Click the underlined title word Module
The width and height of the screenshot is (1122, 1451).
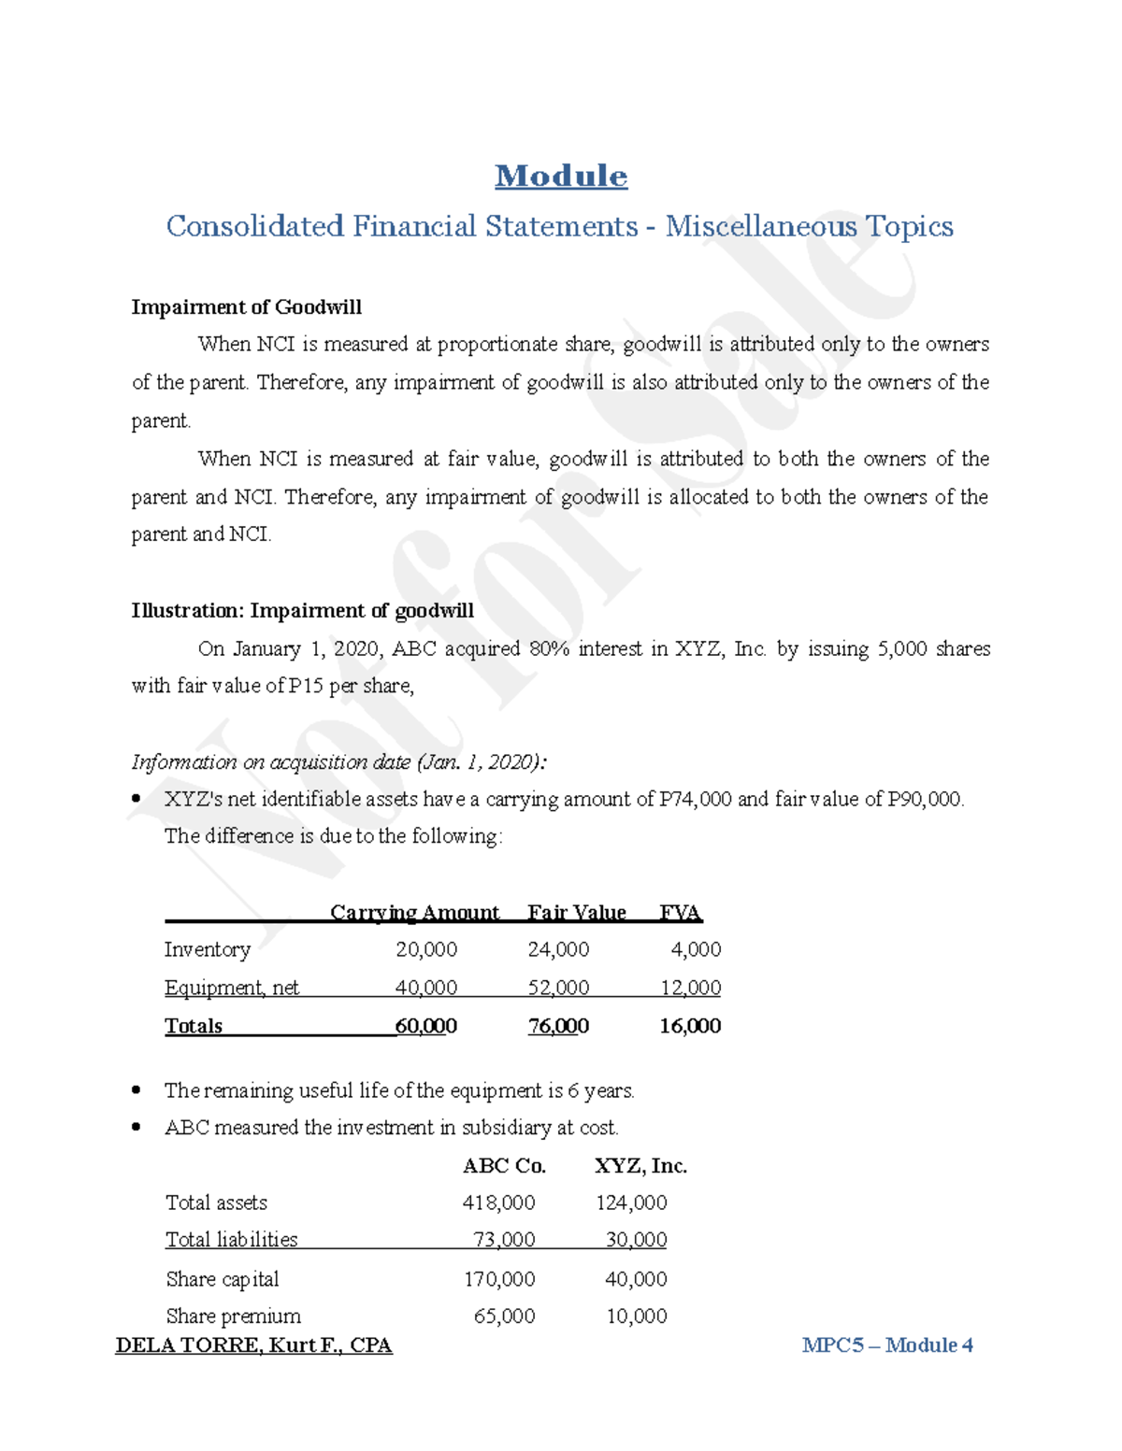561,176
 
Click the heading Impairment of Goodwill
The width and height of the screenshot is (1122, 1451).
246,307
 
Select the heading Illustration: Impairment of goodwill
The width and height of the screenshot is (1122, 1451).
302,611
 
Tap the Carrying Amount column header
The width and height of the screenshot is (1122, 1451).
414,912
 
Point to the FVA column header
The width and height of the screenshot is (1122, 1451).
680,912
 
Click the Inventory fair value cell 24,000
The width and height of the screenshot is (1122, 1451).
558,949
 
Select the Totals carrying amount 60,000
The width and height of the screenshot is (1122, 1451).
426,1026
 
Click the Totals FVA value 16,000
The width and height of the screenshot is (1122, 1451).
690,1026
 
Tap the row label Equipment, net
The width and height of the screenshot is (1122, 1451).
232,988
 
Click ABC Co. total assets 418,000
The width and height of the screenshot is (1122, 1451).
498,1202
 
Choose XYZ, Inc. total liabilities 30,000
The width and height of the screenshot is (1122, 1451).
636,1240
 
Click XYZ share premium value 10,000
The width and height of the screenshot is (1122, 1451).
636,1316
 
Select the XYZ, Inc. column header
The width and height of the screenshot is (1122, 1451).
640,1166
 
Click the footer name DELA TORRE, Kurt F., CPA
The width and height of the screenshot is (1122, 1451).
253,1345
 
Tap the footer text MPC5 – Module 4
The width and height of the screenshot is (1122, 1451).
887,1345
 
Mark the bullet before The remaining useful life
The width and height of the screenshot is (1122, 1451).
137,1089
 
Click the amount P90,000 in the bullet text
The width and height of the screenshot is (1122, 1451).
924,799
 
